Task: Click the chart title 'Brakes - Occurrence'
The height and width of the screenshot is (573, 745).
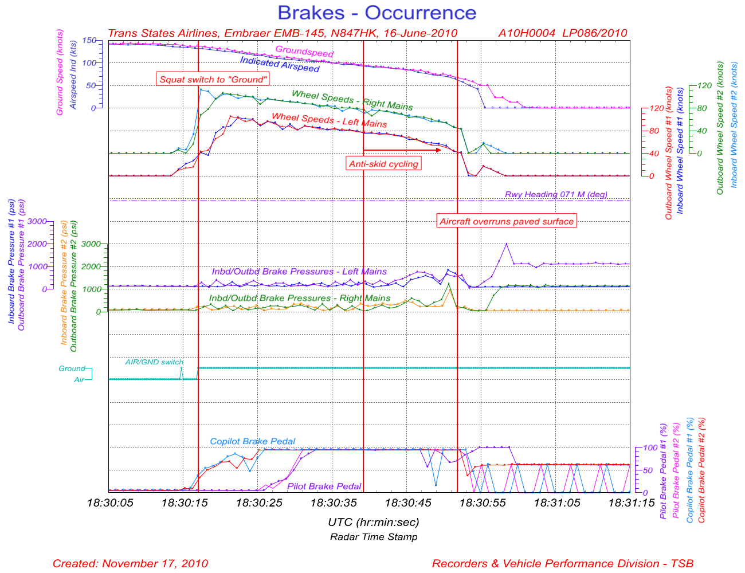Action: point(377,13)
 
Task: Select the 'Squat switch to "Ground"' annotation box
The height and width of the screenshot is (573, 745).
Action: point(213,79)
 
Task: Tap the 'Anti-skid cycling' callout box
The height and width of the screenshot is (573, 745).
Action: point(384,164)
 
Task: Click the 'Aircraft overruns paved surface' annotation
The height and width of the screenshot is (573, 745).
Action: point(506,221)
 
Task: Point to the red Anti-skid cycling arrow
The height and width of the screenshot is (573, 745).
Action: point(402,150)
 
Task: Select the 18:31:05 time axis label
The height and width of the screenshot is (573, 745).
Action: point(556,503)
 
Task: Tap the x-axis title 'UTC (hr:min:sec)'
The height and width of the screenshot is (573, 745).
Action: point(373,522)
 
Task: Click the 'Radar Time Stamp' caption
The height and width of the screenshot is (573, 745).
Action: point(374,537)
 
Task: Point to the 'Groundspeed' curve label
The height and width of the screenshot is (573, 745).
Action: point(304,52)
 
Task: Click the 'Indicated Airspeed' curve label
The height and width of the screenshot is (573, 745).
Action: point(280,64)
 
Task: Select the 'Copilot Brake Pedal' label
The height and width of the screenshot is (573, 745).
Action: point(253,441)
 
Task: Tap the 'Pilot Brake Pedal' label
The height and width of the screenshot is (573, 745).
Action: point(324,486)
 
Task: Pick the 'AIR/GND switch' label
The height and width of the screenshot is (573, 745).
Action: point(154,362)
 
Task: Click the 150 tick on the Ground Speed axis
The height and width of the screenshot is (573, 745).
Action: point(89,41)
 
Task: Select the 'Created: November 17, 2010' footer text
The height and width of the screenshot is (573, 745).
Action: point(130,563)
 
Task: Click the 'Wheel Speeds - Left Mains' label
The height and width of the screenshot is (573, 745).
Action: point(329,120)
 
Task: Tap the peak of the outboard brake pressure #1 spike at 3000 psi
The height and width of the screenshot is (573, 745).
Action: point(506,244)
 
